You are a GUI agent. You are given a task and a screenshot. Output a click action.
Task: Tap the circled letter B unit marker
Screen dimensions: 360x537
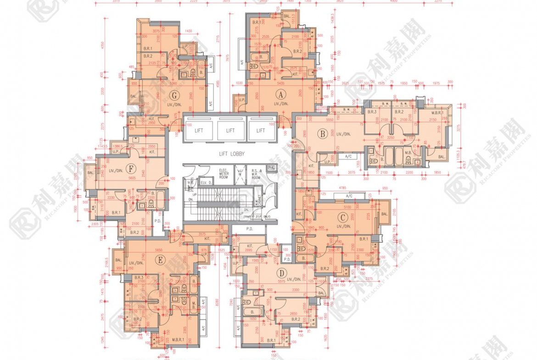pos(322,134)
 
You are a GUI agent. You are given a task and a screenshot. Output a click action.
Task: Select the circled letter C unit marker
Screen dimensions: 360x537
pos(341,218)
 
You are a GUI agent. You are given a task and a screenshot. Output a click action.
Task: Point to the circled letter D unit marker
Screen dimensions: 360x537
pos(281,273)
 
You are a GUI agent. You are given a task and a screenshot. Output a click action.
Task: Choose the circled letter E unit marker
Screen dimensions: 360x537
pos(160,260)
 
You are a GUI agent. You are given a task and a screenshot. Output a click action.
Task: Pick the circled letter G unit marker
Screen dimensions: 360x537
pos(174,96)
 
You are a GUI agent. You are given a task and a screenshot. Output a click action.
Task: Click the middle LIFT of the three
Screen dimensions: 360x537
pos(230,130)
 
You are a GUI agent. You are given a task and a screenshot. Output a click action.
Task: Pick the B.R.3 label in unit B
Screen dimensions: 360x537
pos(372,112)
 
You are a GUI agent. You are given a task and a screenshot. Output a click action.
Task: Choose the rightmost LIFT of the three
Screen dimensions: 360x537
pos(261,130)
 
